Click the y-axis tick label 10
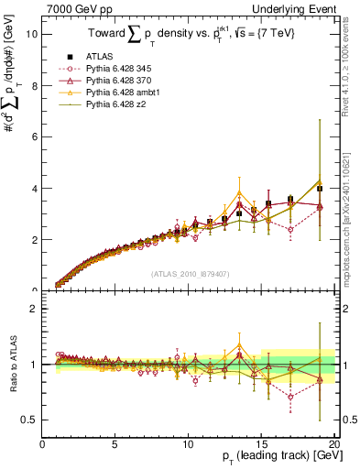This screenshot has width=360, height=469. [30, 34]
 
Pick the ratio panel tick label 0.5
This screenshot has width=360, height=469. [29, 420]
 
